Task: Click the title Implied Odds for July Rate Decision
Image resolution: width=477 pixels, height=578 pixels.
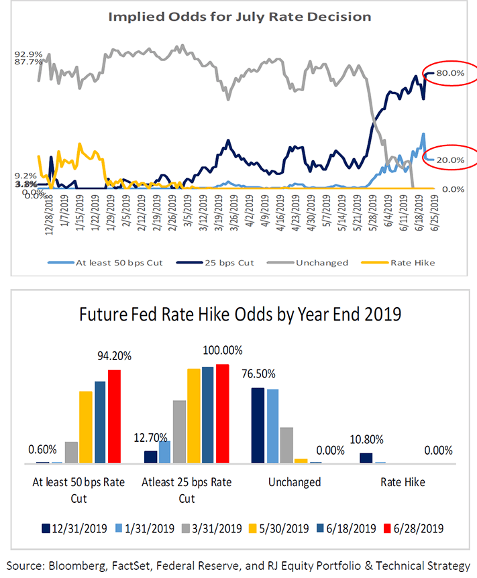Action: [x=239, y=16]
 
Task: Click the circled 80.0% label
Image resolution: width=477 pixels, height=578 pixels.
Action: [x=451, y=73]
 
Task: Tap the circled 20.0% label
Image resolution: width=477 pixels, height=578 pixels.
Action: [x=451, y=160]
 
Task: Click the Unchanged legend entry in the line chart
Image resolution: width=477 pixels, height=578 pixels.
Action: [x=321, y=262]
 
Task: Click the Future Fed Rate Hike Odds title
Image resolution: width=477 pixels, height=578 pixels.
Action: [x=239, y=314]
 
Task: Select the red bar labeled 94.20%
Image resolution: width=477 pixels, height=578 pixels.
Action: [x=115, y=416]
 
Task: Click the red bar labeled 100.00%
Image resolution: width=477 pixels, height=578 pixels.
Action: [x=223, y=413]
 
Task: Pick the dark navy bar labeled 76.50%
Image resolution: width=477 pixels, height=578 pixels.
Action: [x=257, y=425]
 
